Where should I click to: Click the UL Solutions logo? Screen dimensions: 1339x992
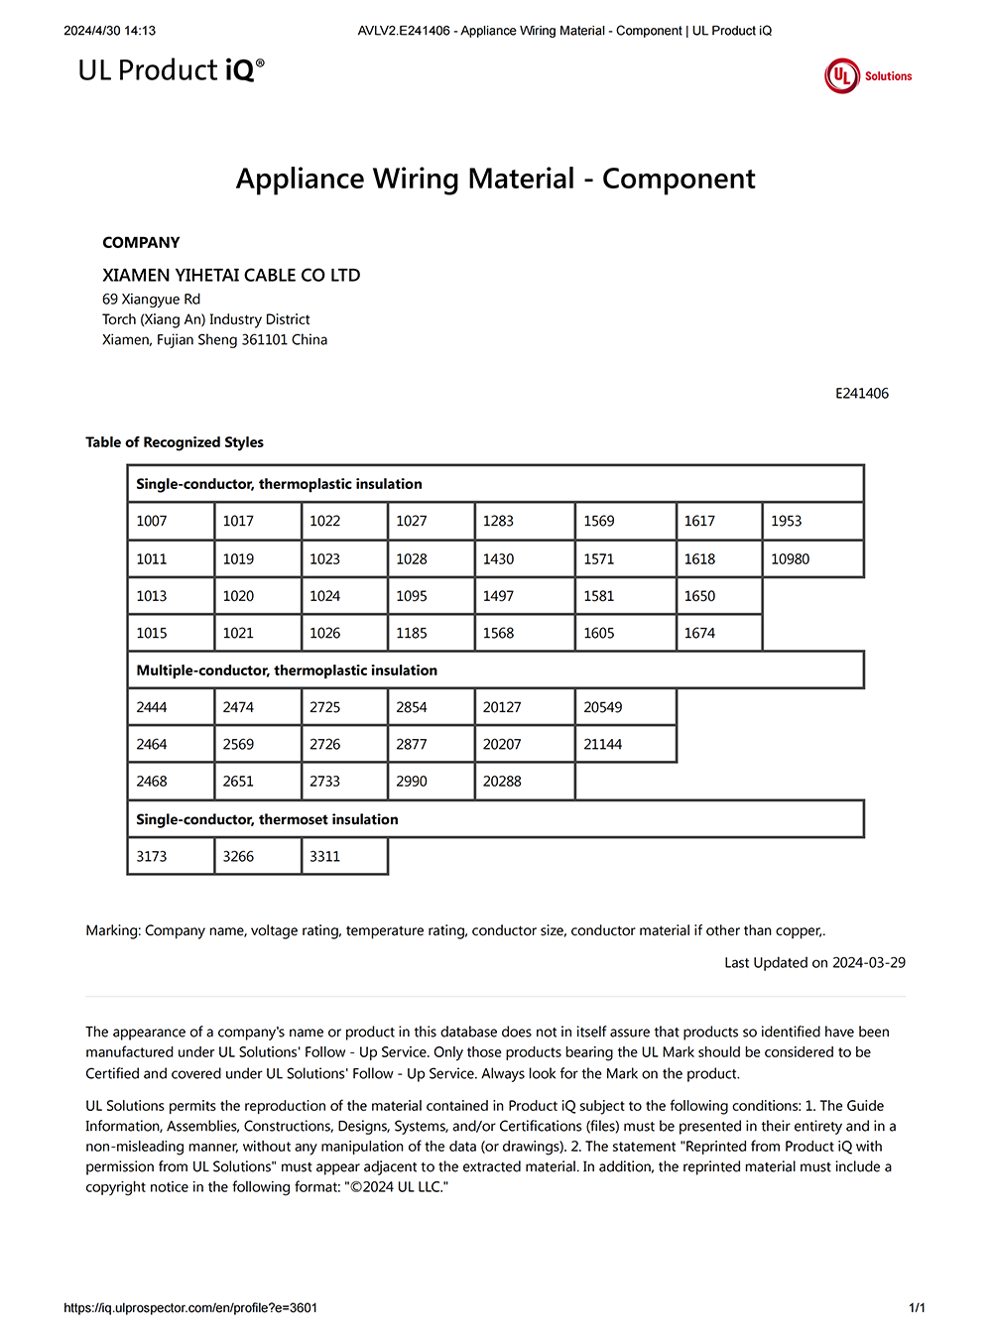coord(867,76)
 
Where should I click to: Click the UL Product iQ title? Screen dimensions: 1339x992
coord(171,70)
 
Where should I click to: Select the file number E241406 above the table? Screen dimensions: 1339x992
coord(861,394)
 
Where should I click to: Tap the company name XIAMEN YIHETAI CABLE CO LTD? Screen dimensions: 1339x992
coord(231,275)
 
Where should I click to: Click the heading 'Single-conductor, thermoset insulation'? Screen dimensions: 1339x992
coord(267,819)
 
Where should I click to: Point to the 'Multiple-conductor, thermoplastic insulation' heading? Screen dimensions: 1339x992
coord(287,670)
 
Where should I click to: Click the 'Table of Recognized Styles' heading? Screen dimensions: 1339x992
coord(175,442)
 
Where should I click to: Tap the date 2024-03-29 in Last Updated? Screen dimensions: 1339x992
coord(868,962)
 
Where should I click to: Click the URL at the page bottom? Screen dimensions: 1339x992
coord(190,1308)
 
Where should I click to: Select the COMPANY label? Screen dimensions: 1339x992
coord(141,243)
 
